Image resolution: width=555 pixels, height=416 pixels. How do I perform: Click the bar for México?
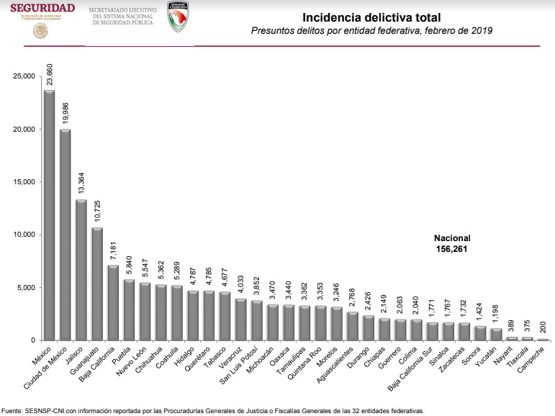(49, 215)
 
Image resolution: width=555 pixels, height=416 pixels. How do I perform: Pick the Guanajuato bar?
(96, 284)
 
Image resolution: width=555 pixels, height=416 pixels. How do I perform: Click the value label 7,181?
(112, 251)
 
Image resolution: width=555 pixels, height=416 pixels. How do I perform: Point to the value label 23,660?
(50, 74)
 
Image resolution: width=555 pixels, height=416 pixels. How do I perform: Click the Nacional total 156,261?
(451, 248)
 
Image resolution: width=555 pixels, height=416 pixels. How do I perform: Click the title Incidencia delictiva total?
(371, 17)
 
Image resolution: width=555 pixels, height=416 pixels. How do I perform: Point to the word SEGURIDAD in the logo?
(42, 8)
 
